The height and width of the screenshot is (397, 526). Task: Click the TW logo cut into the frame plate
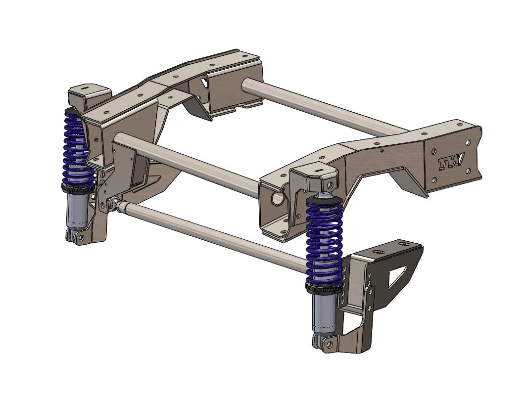tap(451, 162)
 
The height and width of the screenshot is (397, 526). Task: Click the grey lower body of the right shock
tap(324, 311)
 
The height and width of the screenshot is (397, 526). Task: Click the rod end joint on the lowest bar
tap(115, 203)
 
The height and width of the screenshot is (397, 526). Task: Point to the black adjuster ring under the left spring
tap(78, 187)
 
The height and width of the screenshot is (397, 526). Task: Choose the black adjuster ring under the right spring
tap(324, 287)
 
